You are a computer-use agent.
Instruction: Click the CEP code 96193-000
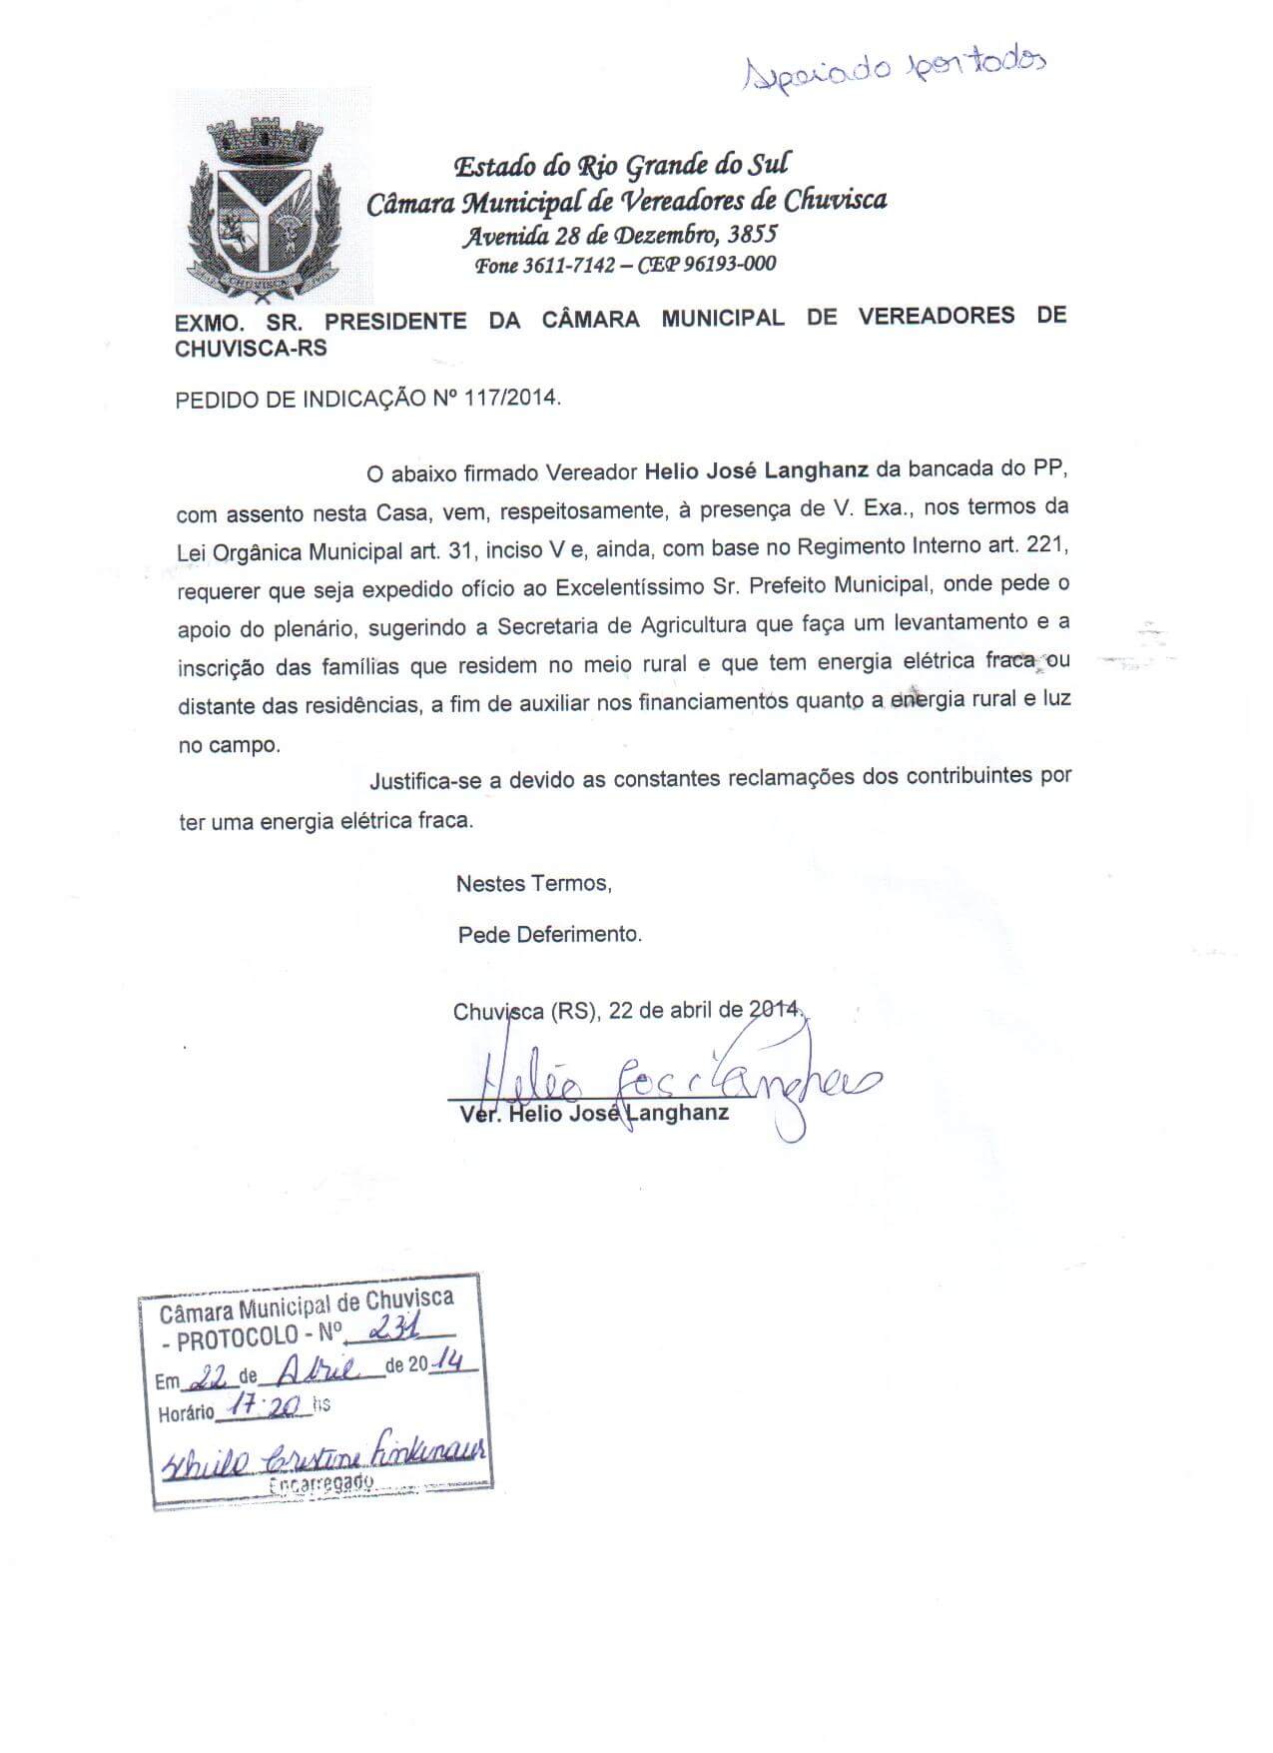[726, 265]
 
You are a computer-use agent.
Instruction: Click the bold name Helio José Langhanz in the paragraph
[756, 469]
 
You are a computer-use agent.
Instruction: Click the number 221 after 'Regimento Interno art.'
[1047, 545]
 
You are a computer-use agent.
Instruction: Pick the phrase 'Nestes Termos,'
[533, 884]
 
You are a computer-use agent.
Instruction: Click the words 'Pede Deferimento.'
[549, 935]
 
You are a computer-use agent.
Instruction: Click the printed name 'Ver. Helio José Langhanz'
[594, 1113]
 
